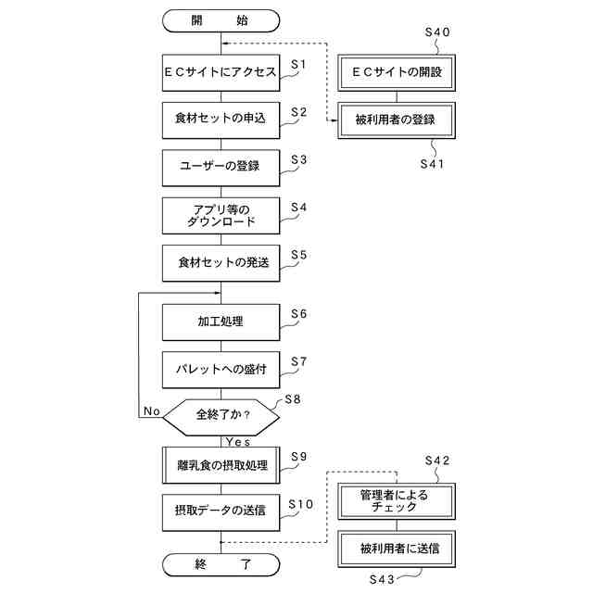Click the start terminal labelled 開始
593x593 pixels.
221,19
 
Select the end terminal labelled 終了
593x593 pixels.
221,563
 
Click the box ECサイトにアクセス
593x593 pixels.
221,72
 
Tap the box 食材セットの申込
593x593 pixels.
221,120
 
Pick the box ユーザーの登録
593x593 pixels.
221,167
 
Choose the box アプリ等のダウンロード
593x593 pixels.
221,216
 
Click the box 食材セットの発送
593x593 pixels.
221,263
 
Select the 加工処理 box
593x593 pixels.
221,322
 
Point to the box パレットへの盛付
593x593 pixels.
221,369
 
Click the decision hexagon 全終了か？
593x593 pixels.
221,415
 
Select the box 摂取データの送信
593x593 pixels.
221,511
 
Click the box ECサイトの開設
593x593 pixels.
396,71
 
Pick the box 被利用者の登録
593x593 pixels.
396,119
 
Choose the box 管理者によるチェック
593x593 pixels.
396,501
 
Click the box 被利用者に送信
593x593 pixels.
396,549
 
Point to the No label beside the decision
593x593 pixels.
152,410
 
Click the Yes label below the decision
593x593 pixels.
238,442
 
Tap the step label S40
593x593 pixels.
436,32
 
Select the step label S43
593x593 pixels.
383,579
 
